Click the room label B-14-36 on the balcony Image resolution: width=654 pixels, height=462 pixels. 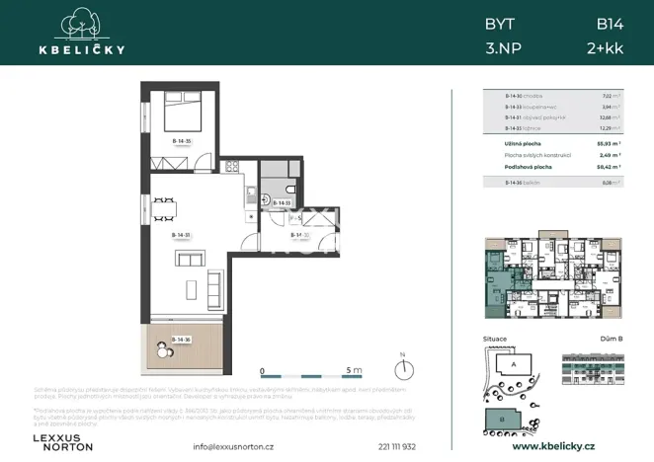(180, 340)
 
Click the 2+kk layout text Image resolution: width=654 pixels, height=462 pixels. (604, 46)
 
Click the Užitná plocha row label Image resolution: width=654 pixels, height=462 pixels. (521, 143)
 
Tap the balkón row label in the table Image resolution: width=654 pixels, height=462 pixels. (517, 183)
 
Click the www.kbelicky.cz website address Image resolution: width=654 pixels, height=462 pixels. (552, 446)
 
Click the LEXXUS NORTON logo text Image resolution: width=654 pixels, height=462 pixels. (63, 441)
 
